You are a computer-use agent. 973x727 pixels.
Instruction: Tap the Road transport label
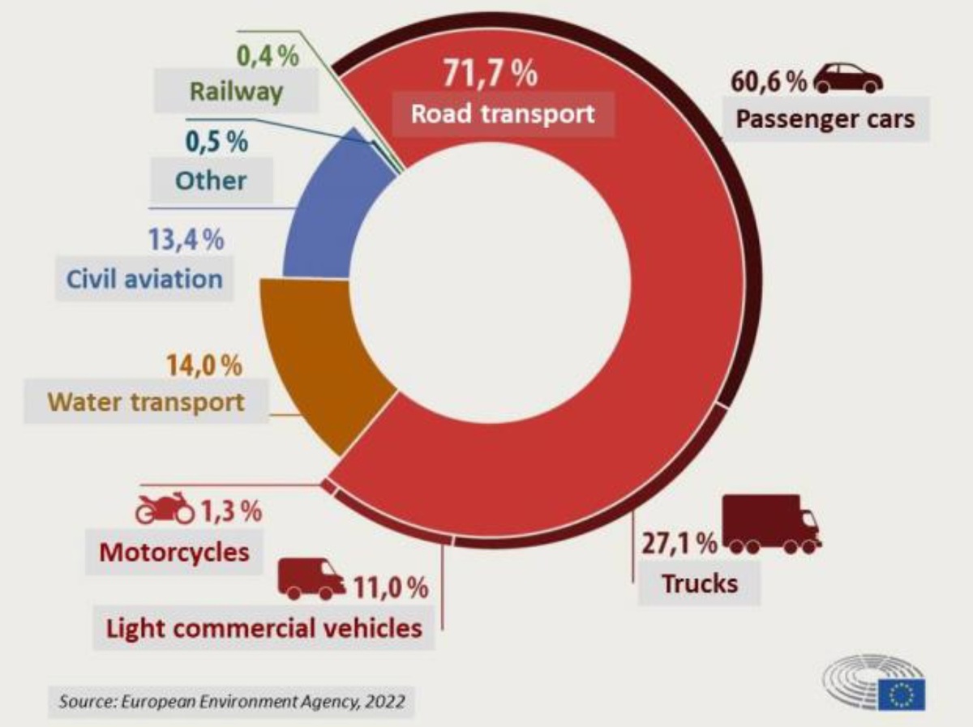503,113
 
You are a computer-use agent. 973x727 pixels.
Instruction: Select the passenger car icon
848,79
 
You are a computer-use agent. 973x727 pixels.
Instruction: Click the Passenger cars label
825,119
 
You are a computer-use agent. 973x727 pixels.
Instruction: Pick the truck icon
771,524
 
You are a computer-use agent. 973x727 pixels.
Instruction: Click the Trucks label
700,583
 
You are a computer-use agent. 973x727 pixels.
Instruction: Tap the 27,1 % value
679,542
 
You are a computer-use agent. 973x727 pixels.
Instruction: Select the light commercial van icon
311,579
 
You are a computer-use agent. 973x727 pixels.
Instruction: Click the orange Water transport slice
324,365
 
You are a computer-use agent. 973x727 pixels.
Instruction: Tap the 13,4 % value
186,241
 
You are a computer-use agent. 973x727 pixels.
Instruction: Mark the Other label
211,180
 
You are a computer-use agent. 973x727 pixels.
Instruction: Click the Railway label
236,90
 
